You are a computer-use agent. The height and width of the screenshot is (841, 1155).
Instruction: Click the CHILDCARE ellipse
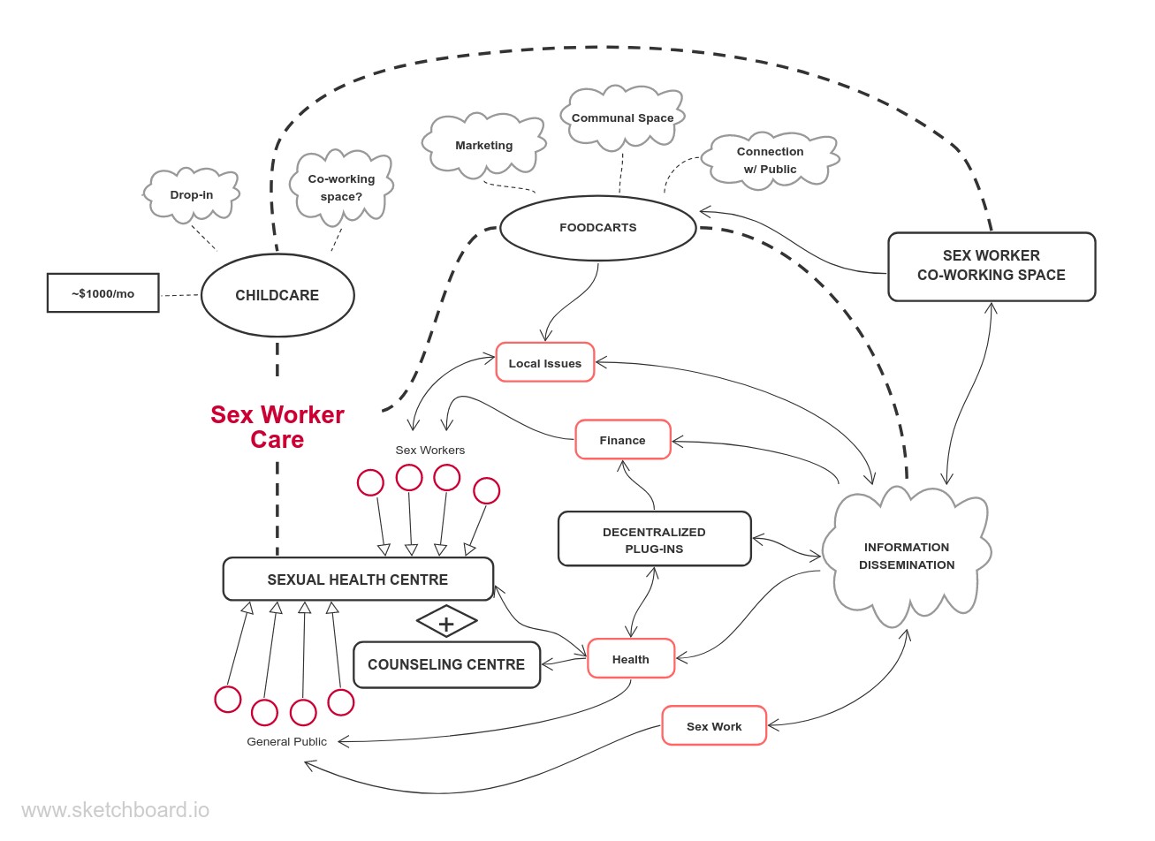(x=277, y=296)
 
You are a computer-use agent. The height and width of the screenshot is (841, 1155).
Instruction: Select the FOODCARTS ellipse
(x=598, y=228)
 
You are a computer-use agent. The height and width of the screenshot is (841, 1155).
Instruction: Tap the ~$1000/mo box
(x=103, y=293)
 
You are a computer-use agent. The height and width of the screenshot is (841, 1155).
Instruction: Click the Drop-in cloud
(x=192, y=195)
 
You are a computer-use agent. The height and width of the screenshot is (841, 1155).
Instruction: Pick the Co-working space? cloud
(x=341, y=187)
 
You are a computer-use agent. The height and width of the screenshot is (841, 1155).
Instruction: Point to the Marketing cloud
(x=483, y=146)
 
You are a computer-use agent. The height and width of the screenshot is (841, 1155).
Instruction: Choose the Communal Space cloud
(x=622, y=117)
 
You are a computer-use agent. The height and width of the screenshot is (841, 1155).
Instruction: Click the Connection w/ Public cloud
(x=770, y=161)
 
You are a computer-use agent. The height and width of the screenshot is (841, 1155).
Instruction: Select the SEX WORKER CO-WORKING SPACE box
(x=992, y=266)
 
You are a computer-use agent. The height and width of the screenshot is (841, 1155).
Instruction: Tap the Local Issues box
(x=545, y=363)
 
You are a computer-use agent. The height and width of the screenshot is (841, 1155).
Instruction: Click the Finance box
(x=623, y=440)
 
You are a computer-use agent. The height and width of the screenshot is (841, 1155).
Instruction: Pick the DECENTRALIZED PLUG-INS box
(x=655, y=540)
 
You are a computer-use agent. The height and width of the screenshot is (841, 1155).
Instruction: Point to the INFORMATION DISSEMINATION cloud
(x=907, y=556)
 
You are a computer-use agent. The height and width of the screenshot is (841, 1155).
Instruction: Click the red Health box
(x=631, y=659)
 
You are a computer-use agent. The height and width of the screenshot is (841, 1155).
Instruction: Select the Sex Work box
(x=714, y=726)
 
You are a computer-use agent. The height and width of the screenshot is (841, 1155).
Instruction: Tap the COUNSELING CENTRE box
(x=446, y=665)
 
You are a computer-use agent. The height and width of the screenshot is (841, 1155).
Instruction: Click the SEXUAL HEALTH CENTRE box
(x=358, y=580)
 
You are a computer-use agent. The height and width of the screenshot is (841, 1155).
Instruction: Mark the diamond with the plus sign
(x=446, y=623)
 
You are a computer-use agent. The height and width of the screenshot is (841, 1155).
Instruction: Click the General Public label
(x=286, y=742)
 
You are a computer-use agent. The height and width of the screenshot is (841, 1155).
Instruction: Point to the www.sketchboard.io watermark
(x=115, y=810)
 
